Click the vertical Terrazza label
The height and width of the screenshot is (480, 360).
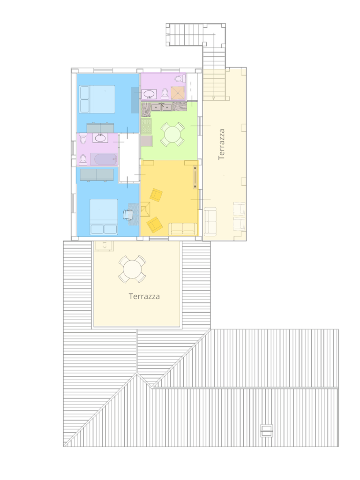pos(222,144)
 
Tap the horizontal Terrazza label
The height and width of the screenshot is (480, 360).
pos(144,296)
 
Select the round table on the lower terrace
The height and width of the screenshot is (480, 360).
pos(132,270)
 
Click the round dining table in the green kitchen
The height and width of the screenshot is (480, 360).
pos(172,134)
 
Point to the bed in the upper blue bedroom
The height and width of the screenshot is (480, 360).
pos(97,99)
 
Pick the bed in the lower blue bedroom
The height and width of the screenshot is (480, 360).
pos(104,217)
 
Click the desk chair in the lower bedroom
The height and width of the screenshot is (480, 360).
pos(128,214)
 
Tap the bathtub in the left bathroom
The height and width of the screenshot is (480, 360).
pos(104,159)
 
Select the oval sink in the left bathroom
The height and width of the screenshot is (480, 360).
pos(100,138)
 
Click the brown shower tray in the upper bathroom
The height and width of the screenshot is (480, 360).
pos(178,93)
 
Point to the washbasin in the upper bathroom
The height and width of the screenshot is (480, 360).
pos(149,94)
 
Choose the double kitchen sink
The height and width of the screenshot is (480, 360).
pos(161,107)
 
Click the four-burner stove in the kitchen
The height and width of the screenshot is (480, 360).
pos(146,126)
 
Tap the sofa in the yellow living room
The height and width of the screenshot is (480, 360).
pos(183,229)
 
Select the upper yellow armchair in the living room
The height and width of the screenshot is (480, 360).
pos(156,195)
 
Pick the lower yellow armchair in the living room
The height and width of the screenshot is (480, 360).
pos(155,225)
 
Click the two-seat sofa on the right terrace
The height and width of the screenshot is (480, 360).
pos(210,222)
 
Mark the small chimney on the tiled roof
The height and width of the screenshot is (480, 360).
pos(266,431)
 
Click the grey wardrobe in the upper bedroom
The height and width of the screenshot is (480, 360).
pos(100,128)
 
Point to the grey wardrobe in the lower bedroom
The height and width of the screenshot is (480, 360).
pos(97,175)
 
